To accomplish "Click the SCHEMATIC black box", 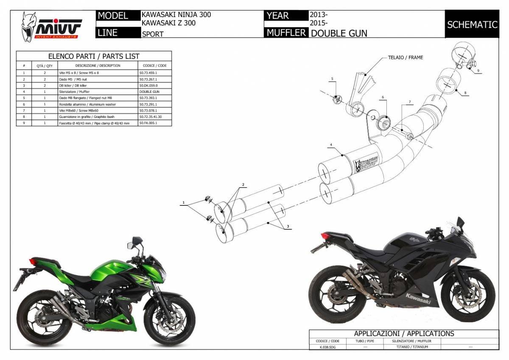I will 472,25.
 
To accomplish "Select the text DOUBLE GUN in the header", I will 339,33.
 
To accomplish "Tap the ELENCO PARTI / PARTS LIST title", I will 94,56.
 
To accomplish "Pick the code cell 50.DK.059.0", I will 148,85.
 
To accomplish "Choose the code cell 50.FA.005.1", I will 148,123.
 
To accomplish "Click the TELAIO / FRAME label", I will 405,57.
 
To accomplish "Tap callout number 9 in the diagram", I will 478,70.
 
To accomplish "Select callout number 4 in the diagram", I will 330,145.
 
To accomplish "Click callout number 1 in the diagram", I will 184,204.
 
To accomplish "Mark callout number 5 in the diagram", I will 333,79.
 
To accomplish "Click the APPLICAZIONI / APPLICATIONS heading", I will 404,333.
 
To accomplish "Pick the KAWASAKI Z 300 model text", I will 168,23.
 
